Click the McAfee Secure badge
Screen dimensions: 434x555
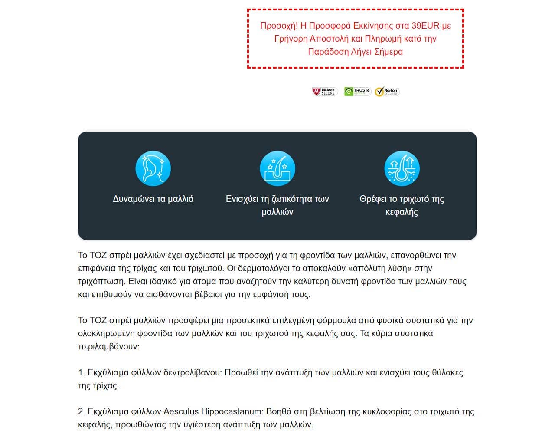point(325,92)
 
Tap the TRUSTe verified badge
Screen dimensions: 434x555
point(357,92)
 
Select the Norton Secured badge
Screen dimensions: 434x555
point(387,92)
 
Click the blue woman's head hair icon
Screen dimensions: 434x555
point(153,168)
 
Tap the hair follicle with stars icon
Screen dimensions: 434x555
point(277,168)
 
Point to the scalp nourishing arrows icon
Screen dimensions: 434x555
point(402,168)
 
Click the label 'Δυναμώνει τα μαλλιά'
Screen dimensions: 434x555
point(153,199)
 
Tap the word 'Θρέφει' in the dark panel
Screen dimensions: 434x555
point(373,199)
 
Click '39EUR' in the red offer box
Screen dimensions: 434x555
point(425,25)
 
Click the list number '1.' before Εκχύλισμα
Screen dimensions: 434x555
point(82,372)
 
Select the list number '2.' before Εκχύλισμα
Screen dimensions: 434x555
point(82,411)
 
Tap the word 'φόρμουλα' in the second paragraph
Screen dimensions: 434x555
point(338,320)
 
